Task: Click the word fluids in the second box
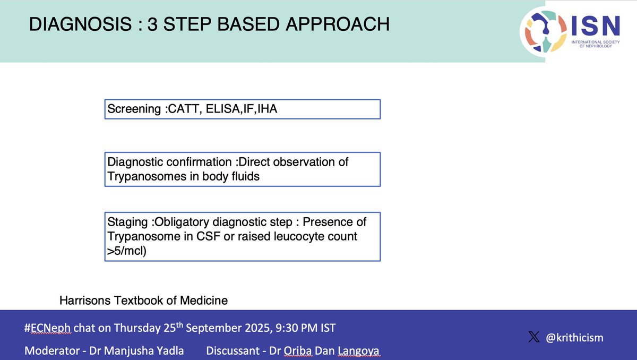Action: pos(243,176)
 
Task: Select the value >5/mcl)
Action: pos(127,251)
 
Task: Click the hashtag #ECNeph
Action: pos(48,328)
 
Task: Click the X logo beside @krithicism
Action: pos(534,338)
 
